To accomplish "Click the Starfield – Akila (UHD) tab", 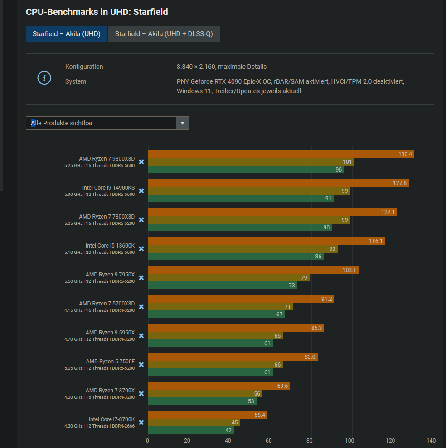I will tap(66, 34).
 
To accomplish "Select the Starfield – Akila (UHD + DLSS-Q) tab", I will tap(164, 34).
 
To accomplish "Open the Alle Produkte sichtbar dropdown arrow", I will tap(183, 123).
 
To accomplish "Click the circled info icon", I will tap(44, 78).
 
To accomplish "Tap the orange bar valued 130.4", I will tap(281, 154).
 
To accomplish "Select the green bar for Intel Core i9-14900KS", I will tap(241, 199).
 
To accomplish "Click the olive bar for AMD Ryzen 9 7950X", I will tap(228, 278).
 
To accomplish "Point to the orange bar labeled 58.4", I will tap(208, 415).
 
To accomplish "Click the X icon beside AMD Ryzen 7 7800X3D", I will tap(141, 220).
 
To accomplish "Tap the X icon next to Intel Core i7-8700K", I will tap(141, 423).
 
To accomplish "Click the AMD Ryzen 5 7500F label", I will tap(110, 362).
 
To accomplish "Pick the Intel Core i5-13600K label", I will tap(110, 246).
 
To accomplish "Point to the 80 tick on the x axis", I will tap(310, 440).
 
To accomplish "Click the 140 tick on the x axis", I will tap(431, 440).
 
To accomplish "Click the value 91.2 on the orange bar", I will tap(325, 299).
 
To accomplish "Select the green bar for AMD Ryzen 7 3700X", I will tap(202, 401).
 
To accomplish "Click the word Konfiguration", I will tap(84, 67).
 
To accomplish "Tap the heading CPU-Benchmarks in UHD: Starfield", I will tap(97, 12).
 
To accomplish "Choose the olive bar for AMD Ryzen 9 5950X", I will tap(215, 336).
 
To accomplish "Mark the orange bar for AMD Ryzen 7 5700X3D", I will tap(241, 299).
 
